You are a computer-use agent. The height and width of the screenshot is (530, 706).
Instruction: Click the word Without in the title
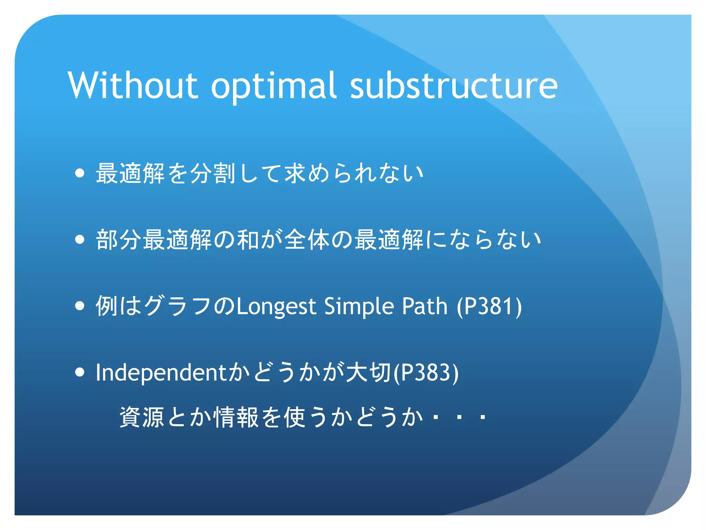pos(133,86)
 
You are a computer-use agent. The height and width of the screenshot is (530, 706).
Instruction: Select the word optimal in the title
pos(273,86)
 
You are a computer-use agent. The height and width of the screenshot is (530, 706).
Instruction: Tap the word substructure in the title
pos(454,86)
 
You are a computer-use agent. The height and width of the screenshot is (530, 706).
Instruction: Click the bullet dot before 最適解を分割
pos(80,173)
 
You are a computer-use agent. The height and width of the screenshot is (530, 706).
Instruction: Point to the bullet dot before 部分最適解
pos(80,239)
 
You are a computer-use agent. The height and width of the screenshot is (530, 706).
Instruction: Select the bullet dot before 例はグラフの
pos(80,306)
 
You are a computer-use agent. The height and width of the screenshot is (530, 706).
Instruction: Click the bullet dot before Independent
pos(80,372)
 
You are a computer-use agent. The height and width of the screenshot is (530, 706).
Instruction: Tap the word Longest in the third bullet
pos(276,306)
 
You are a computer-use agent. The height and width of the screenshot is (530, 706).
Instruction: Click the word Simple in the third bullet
pos(359,306)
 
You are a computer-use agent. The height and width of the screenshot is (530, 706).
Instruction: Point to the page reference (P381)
pos(489,306)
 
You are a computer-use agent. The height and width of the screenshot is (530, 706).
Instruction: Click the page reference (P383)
pos(426,372)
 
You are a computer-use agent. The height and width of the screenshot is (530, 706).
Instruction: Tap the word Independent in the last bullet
pos(161,373)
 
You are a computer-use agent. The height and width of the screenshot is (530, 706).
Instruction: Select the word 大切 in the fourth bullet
pos(369,372)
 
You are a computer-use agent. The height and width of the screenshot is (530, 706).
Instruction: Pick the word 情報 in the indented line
pos(236,417)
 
